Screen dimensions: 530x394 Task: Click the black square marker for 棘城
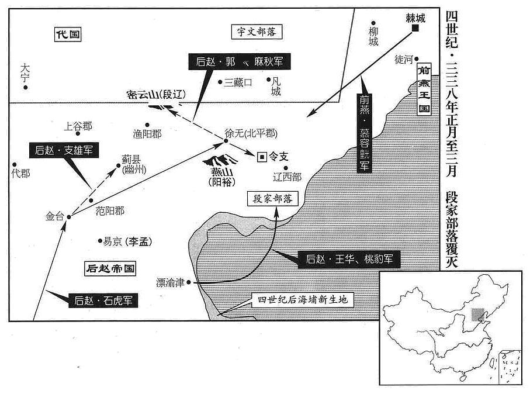click(415, 28)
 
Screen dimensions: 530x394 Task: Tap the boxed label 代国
click(68, 34)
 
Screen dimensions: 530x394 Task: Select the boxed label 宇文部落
click(257, 32)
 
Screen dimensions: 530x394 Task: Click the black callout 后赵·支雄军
click(64, 150)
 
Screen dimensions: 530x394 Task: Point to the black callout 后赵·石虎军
click(103, 300)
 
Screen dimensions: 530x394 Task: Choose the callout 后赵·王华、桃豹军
click(349, 260)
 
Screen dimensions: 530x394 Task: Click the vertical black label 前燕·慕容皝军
click(365, 133)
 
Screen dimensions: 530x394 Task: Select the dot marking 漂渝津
click(189, 282)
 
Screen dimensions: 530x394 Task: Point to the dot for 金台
click(68, 217)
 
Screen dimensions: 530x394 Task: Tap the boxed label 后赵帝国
click(110, 268)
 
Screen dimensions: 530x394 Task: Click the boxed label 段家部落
click(273, 199)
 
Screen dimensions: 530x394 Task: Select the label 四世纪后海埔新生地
click(303, 300)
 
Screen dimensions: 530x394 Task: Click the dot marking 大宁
click(25, 88)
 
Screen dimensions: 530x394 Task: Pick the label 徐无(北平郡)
click(251, 134)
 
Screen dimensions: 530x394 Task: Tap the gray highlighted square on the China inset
click(477, 314)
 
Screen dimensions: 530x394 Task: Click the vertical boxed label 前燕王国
click(424, 89)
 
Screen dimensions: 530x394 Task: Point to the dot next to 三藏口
click(220, 82)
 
